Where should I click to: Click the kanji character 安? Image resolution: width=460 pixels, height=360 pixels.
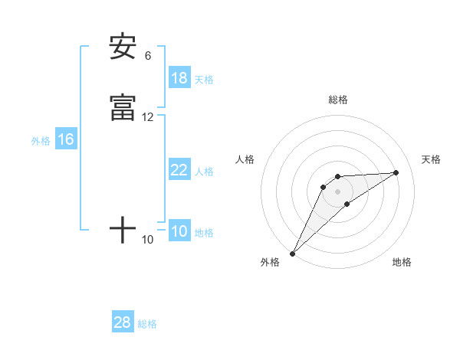(123, 47)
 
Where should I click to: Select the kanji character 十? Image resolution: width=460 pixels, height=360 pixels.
(123, 230)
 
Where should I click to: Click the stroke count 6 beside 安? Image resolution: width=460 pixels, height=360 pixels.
(147, 56)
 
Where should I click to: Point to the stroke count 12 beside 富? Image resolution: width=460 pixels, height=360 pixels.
(147, 117)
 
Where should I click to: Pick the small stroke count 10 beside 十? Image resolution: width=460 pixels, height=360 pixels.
(147, 240)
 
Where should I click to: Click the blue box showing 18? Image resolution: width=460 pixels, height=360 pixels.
(179, 78)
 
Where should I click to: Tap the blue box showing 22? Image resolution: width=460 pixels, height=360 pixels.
(179, 170)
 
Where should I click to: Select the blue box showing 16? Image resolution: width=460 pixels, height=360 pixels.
(65, 139)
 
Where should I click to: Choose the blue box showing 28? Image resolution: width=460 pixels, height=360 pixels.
(122, 322)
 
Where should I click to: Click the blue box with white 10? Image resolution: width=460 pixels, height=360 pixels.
(179, 231)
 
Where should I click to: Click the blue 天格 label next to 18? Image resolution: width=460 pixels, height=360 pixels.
(204, 79)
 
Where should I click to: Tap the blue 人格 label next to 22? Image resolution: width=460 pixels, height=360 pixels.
(204, 171)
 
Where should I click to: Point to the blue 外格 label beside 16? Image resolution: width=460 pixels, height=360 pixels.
(41, 140)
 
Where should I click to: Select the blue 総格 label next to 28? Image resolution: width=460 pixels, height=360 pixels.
(147, 323)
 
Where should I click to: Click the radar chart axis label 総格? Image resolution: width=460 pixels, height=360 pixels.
(337, 100)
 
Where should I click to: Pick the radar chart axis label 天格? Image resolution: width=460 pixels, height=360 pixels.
(431, 159)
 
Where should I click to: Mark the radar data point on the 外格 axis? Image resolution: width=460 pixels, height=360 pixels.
(292, 253)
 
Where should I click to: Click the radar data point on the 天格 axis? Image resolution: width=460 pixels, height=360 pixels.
(396, 172)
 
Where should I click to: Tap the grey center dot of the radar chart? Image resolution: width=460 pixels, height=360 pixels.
(337, 191)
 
